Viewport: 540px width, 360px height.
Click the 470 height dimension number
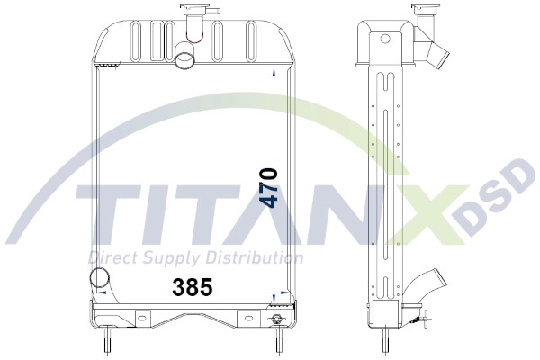coord(267,187)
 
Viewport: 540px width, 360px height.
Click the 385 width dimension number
coord(193,288)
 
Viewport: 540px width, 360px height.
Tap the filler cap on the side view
coord(424,14)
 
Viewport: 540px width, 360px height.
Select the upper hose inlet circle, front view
coord(185,59)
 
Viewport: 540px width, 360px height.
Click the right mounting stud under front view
coord(278,343)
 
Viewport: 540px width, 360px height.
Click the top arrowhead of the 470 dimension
coord(276,74)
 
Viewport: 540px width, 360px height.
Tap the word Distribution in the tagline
coord(261,257)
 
